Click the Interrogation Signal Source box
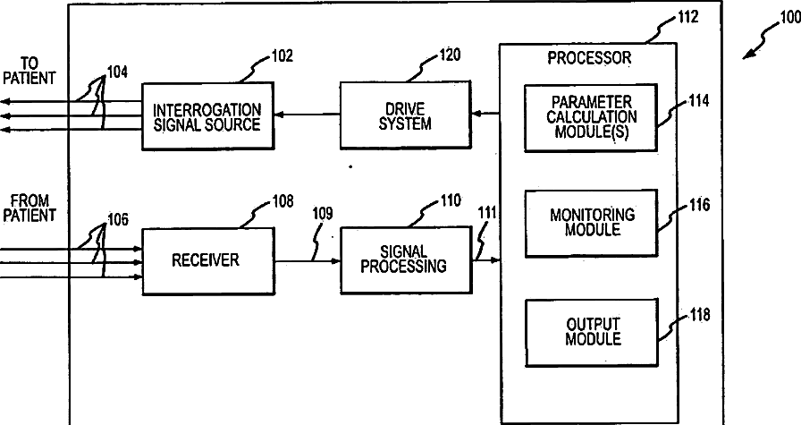tap(207, 115)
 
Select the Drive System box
tap(405, 115)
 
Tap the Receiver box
tap(207, 260)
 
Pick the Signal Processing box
tap(406, 260)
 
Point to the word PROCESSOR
tap(589, 59)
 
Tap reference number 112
tap(687, 16)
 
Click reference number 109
tap(323, 214)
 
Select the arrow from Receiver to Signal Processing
tap(308, 261)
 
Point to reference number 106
tap(117, 219)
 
